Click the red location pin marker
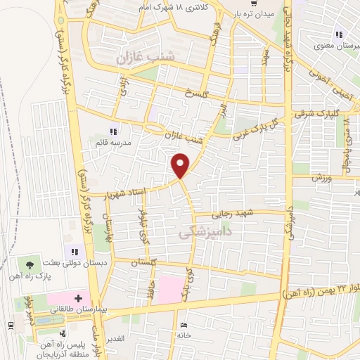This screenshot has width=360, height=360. (x=181, y=165)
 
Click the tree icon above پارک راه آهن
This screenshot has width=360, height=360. (x=29, y=265)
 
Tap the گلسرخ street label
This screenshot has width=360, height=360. (x=196, y=92)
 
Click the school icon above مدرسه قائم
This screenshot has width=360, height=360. (x=112, y=130)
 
